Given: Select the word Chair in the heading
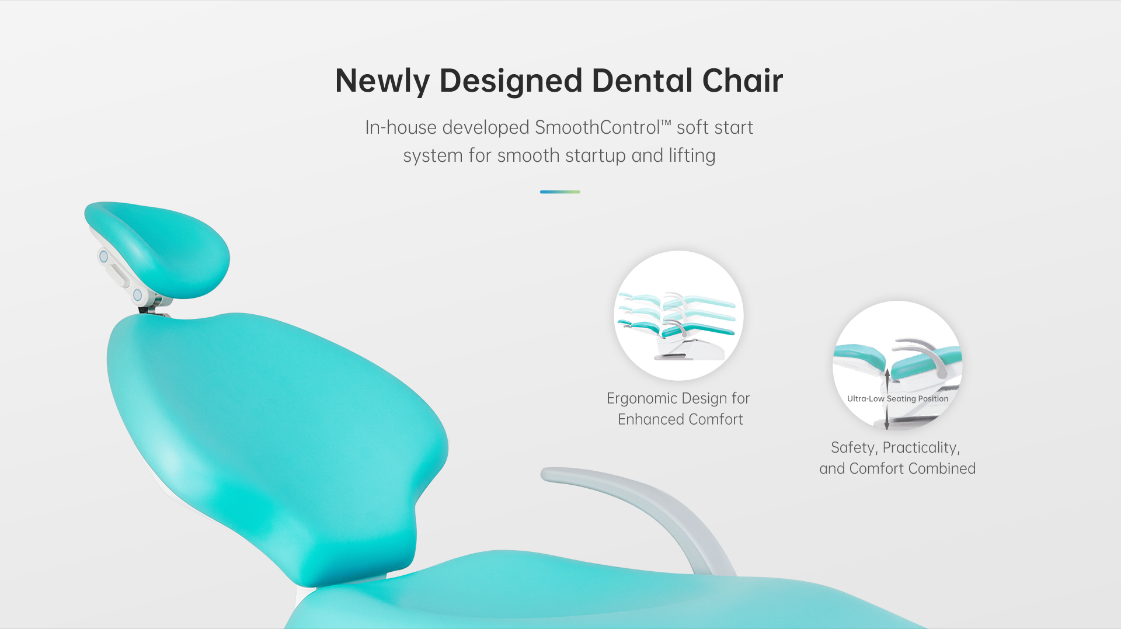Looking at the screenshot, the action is tap(743, 80).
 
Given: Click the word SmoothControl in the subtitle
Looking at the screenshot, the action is tap(597, 127).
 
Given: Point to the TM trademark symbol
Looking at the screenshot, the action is tap(666, 123).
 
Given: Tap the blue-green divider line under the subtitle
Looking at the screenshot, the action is tap(560, 192).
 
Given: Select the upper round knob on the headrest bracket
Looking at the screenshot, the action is tap(103, 256).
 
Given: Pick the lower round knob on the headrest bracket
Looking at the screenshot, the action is tap(138, 295).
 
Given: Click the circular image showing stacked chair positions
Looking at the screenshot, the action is tap(678, 315).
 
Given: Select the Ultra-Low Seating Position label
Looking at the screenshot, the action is tap(897, 399).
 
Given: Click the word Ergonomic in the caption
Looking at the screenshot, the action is tap(642, 399).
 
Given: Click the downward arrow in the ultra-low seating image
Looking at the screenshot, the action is tap(887, 417).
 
